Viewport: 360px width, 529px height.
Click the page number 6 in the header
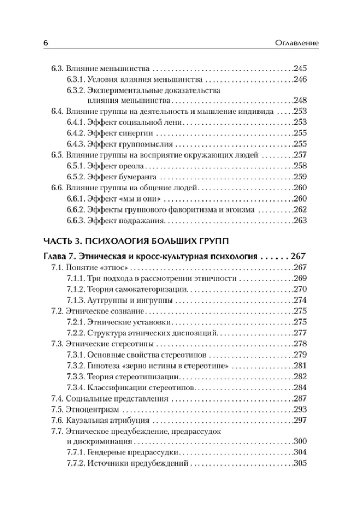(45, 42)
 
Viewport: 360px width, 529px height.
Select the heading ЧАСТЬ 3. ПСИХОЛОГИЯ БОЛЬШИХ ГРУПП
(136, 241)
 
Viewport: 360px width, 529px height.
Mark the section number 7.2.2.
(76, 333)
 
